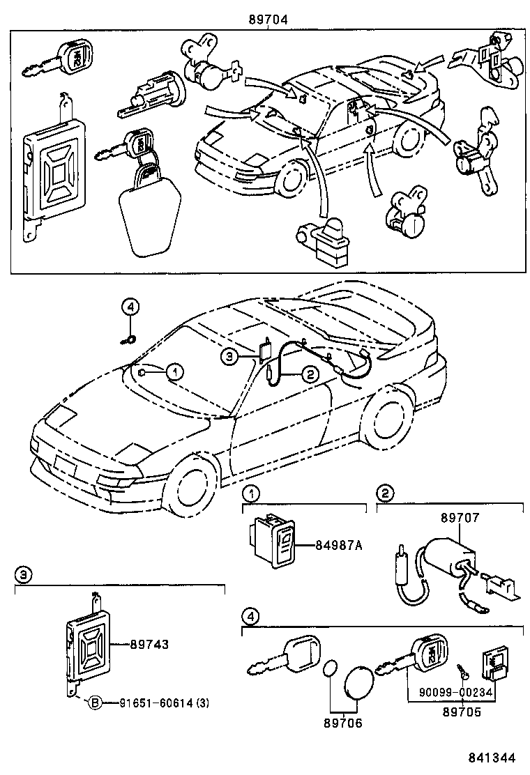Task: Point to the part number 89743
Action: coord(149,645)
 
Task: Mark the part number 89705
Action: coord(462,713)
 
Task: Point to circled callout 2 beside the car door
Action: coord(310,374)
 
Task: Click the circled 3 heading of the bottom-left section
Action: coord(24,574)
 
